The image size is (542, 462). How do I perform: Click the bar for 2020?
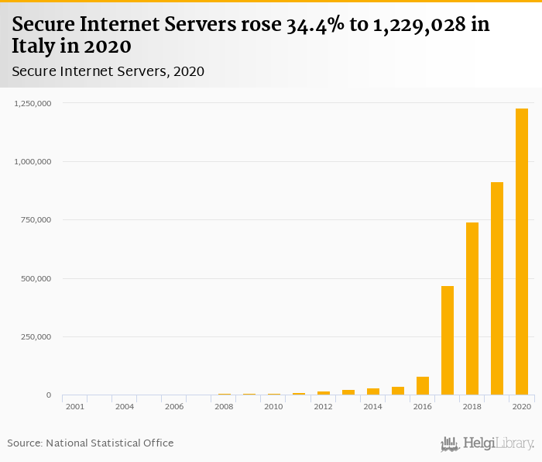coord(522,252)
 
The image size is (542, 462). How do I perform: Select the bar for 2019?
coord(497,288)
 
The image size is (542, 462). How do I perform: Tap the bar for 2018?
coord(472,309)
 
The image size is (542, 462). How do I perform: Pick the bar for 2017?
coord(448,340)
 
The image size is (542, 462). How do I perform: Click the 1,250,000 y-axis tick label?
coord(33,103)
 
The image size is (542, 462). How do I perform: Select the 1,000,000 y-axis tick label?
coord(33,161)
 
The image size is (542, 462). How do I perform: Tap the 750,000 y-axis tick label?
coord(36,220)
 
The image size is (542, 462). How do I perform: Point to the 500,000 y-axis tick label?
coord(36,278)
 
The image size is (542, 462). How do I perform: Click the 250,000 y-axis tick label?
coord(36,336)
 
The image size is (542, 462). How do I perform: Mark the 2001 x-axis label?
coord(75,406)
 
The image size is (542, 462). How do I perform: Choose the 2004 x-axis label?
coord(125,406)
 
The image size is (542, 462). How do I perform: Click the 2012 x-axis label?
coord(323,406)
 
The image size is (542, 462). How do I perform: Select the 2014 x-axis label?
coord(372,406)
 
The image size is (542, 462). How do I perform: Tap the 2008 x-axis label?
coord(224,406)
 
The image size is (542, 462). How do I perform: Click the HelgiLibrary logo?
coord(488,443)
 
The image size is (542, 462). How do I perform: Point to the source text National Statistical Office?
coord(110,443)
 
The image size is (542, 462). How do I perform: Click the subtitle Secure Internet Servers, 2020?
coord(108,71)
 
